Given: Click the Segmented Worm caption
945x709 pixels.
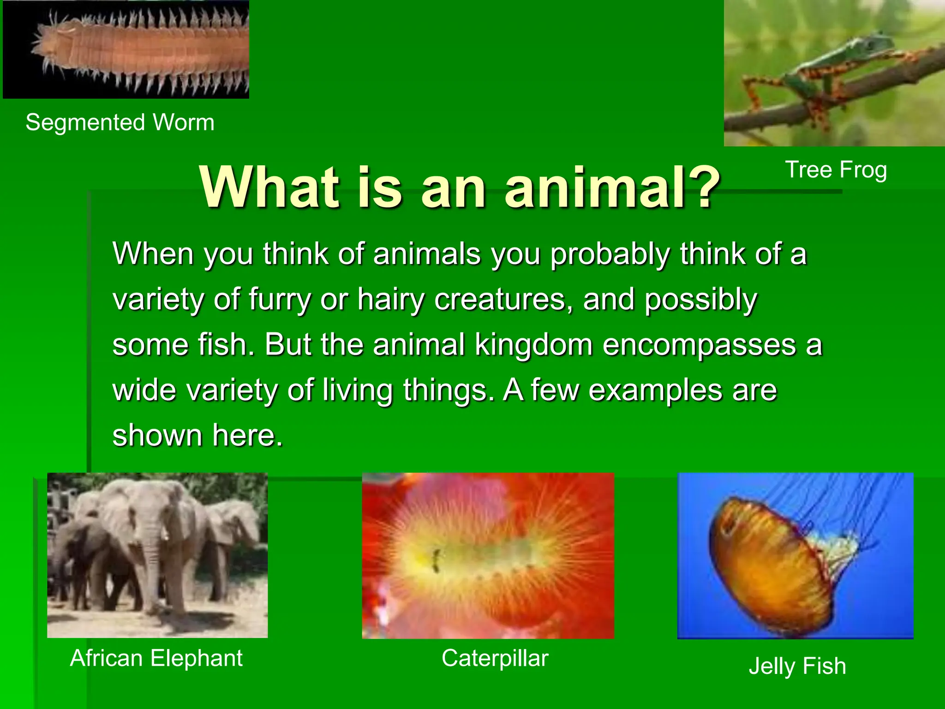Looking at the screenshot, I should tap(120, 123).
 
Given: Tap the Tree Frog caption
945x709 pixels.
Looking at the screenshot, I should tap(836, 170).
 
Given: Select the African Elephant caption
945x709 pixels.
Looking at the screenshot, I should tap(156, 658).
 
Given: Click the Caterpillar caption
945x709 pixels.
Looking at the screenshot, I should tap(495, 658).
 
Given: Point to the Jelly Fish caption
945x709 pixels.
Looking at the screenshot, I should tap(797, 666).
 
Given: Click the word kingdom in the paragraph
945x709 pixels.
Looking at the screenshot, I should tap(534, 345).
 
